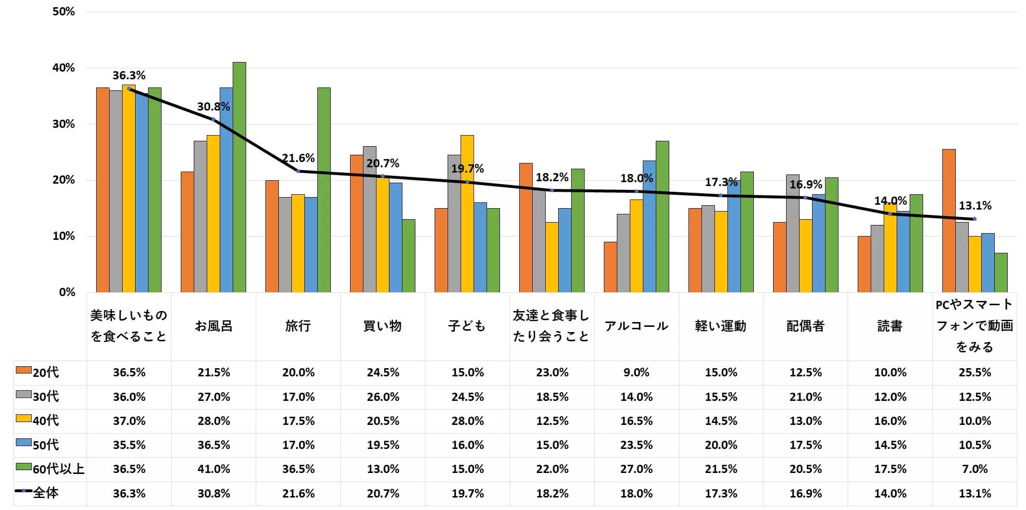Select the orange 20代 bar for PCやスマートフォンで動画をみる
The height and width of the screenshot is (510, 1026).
pos(949,221)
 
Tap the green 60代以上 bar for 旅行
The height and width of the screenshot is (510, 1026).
pos(324,190)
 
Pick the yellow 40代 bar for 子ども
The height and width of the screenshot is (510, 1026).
pos(467,213)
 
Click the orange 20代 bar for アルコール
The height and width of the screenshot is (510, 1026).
pos(610,267)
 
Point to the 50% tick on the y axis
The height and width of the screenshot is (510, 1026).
pos(63,12)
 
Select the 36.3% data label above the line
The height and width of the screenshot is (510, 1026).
pos(129,75)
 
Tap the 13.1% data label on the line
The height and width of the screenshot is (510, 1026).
pos(975,206)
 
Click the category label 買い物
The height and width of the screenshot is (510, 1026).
pos(382,326)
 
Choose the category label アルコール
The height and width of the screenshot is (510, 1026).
pos(636,326)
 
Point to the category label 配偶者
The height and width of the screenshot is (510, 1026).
pos(805,326)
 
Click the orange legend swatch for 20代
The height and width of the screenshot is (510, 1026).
pos(23,370)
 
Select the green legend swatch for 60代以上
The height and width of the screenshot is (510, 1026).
pos(23,467)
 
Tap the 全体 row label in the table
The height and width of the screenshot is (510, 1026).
pos(46,493)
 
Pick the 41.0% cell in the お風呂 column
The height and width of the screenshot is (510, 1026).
pos(213,469)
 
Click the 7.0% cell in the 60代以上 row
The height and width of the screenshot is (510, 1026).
pos(975,469)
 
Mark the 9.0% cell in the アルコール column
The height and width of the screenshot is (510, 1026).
pos(636,373)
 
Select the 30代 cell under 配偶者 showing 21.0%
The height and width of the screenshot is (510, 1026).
pos(805,397)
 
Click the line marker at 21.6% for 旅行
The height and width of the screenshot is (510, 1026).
pos(298,171)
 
